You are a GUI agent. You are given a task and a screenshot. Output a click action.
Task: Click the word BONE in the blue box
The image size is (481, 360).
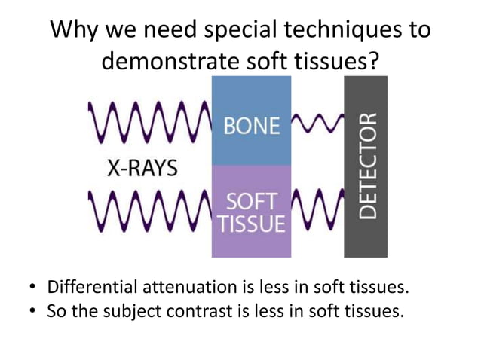[x=252, y=126]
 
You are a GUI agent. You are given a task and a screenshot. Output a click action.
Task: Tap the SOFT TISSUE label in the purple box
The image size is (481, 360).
[x=252, y=213]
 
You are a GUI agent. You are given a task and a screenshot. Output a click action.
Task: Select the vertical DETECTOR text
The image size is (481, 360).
[x=366, y=167]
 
